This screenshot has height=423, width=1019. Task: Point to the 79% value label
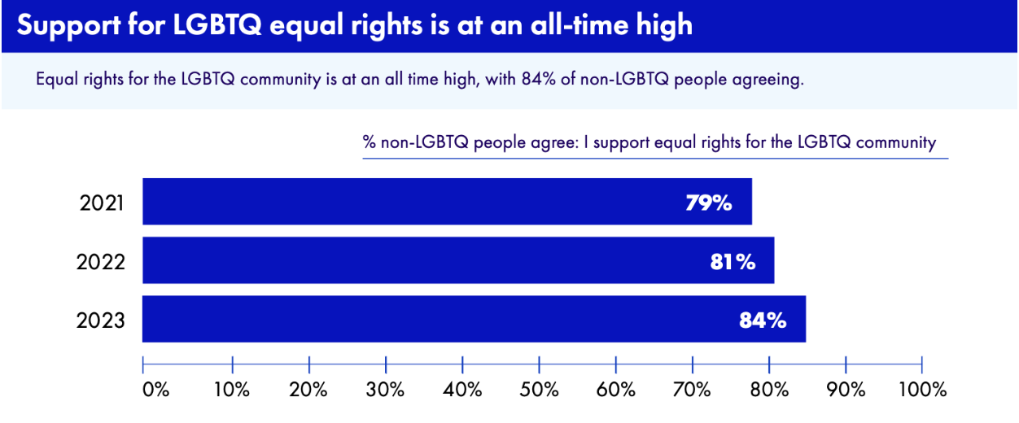pyautogui.click(x=708, y=203)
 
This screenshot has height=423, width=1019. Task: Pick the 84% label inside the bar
pyautogui.click(x=763, y=321)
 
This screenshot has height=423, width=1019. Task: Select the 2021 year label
pyautogui.click(x=102, y=203)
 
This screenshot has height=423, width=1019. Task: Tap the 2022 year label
pyautogui.click(x=101, y=262)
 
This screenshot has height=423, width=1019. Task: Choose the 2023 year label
pyautogui.click(x=101, y=321)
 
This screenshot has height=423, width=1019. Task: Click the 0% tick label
pyautogui.click(x=155, y=390)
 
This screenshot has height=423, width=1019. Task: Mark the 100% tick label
pyautogui.click(x=923, y=390)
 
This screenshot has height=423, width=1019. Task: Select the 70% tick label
pyautogui.click(x=693, y=390)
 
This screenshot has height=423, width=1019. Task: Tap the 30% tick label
pyautogui.click(x=386, y=390)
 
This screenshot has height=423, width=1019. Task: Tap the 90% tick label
pyautogui.click(x=846, y=390)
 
